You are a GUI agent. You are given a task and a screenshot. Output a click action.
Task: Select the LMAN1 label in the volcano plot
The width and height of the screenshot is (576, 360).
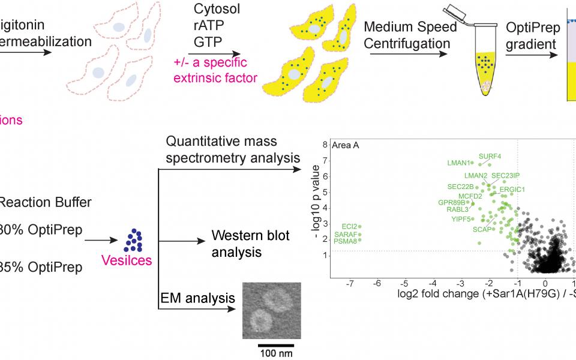pyautogui.click(x=460, y=163)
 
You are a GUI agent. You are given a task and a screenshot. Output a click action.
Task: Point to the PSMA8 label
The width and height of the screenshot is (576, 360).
pyautogui.click(x=346, y=241)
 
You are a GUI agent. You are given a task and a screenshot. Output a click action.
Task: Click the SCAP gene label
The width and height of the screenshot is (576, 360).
pyautogui.click(x=483, y=229)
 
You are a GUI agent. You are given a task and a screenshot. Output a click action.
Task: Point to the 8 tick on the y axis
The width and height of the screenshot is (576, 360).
pyautogui.click(x=325, y=145)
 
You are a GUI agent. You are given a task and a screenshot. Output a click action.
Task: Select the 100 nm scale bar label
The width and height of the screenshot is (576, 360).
pyautogui.click(x=276, y=353)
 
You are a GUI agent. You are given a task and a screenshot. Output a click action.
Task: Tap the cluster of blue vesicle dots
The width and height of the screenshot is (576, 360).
pyautogui.click(x=134, y=239)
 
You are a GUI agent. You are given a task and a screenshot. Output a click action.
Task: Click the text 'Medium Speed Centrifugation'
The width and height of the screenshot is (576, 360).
pyautogui.click(x=410, y=35)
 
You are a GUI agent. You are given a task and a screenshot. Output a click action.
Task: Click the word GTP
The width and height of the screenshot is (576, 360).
pyautogui.click(x=207, y=43)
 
